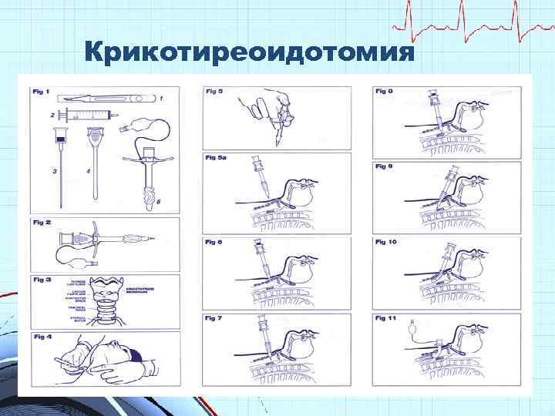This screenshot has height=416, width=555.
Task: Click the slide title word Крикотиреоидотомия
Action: pos(251,53)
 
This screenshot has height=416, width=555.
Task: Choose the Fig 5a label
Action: pos(216,158)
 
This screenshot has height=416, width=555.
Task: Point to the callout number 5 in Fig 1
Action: pos(159,203)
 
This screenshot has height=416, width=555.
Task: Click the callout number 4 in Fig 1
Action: pos(89,171)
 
